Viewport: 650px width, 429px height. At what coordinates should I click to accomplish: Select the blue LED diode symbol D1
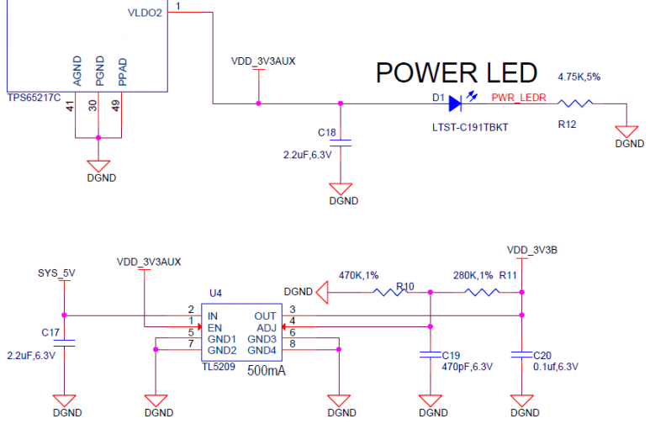[x=455, y=103]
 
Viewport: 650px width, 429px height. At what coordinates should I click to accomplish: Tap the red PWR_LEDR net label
[x=519, y=98]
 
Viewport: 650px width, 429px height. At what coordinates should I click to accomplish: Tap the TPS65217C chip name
[x=34, y=98]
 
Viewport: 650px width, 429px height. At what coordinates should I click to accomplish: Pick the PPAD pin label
[x=123, y=72]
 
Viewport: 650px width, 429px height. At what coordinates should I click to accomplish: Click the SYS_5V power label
[x=57, y=273]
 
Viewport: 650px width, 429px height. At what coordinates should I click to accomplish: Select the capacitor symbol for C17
[x=66, y=341]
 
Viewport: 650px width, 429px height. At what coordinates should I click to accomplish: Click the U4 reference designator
[x=216, y=293]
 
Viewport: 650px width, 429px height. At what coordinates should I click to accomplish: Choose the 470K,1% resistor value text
[x=358, y=275]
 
